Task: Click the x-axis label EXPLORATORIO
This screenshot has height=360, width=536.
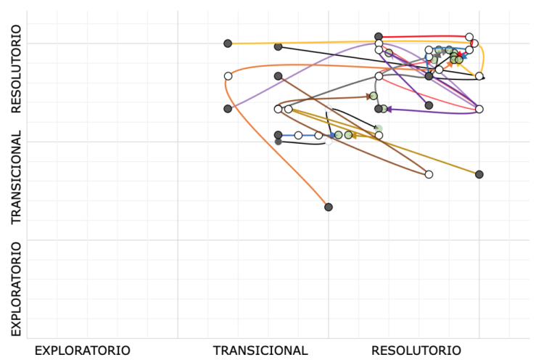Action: [x=82, y=351]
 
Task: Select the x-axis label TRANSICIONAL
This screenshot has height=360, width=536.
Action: [x=260, y=351]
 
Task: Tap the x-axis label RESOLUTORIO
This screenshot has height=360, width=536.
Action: [x=416, y=351]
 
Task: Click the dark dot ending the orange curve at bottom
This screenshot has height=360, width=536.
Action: [x=329, y=207]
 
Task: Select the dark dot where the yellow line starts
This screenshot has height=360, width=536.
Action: [x=228, y=44]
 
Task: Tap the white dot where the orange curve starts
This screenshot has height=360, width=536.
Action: [x=228, y=76]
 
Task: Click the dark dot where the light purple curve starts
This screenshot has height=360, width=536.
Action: [x=228, y=109]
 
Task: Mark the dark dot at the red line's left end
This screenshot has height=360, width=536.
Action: [x=379, y=36]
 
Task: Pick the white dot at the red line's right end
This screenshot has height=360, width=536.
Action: [x=469, y=37]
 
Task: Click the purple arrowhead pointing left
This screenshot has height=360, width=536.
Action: [x=389, y=110]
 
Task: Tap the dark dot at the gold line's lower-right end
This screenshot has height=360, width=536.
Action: [x=479, y=174]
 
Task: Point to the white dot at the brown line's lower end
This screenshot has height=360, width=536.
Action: [x=429, y=174]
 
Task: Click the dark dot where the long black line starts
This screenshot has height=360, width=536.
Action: [x=278, y=46]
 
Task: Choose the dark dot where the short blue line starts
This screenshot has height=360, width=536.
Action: [x=278, y=135]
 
